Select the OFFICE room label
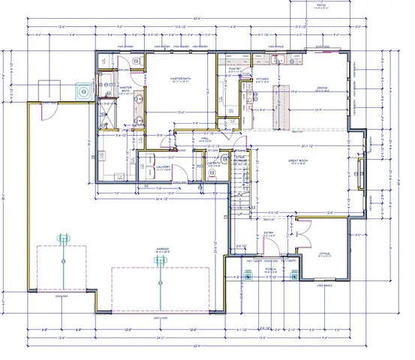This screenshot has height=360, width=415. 325,254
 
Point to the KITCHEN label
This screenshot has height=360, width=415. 262,79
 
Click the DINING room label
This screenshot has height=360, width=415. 321,88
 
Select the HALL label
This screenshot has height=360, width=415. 204,138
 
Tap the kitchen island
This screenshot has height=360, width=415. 282,104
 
